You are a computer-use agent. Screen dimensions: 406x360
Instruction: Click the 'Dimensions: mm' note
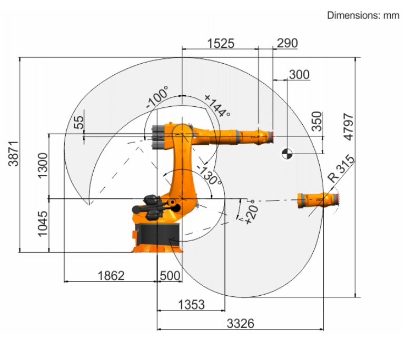[x=363, y=16]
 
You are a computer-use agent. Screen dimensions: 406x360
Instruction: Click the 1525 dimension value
[x=221, y=44]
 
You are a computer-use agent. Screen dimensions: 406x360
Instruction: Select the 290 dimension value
[x=287, y=43]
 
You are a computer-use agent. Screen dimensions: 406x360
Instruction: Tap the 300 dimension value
[x=299, y=75]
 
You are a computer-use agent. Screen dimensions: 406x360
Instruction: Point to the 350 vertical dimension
[x=316, y=121]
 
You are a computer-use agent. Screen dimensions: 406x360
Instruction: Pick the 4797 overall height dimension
[x=348, y=127]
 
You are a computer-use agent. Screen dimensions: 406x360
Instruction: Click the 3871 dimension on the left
[x=13, y=154]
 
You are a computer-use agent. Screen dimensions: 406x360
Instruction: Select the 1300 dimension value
[x=43, y=166]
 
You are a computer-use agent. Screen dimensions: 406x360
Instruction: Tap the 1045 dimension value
[x=43, y=224]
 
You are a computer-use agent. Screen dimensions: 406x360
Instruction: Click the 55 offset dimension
[x=79, y=122]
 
